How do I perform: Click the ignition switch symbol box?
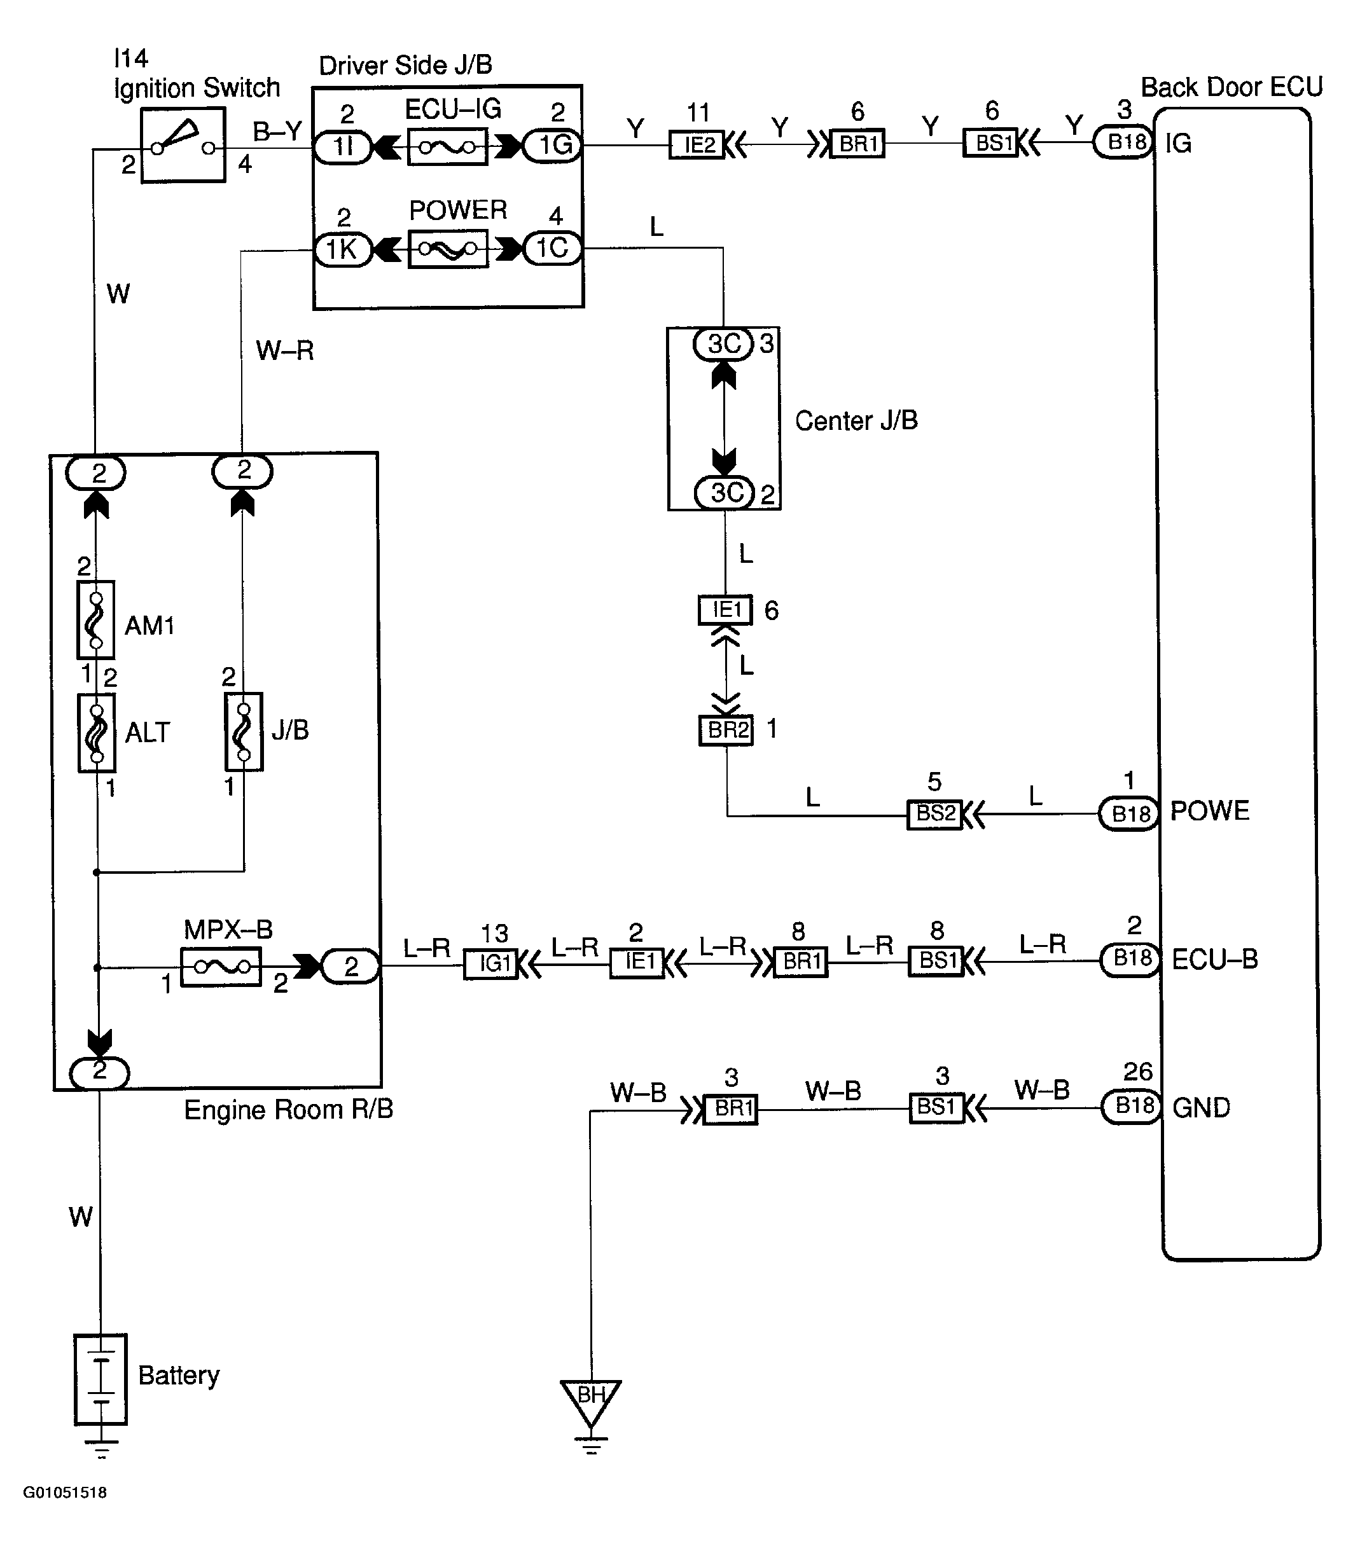point(183,145)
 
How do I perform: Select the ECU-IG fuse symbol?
point(448,146)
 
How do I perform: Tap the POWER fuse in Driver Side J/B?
point(448,249)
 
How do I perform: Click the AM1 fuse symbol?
point(96,619)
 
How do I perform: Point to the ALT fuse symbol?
point(97,733)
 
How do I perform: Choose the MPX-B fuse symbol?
point(221,967)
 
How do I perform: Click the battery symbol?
point(101,1379)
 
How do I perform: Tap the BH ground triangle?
point(590,1401)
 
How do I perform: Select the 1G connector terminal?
point(553,145)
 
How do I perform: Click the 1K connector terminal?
point(342,249)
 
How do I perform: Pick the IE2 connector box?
point(697,144)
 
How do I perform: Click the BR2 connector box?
point(726,731)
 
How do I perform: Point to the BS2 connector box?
point(935,815)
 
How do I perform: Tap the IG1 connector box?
point(491,963)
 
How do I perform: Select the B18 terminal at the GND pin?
point(1131,1107)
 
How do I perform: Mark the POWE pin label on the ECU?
point(1210,811)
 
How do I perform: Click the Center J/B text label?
point(856,420)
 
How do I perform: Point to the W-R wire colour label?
point(285,350)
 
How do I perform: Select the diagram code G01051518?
point(65,1493)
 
